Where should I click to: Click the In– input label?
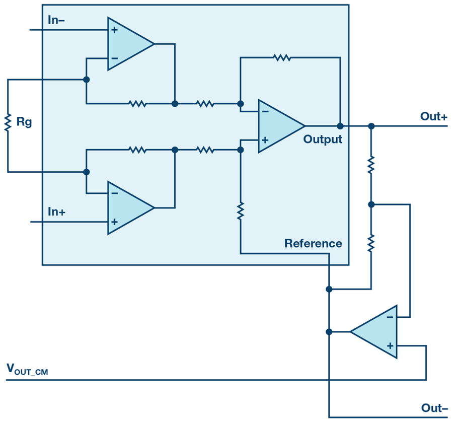(56, 20)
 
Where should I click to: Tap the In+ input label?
(56, 211)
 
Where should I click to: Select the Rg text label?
(24, 122)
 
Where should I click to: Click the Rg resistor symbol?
(8, 122)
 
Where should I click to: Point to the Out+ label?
(434, 116)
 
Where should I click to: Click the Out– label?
(434, 408)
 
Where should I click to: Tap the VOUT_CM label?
(27, 370)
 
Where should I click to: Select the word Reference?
(313, 243)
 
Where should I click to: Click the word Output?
(323, 139)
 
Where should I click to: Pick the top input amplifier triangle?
(131, 44)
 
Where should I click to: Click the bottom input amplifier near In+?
(131, 207)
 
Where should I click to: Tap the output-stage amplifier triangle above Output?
(281, 126)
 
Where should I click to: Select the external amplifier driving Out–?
(373, 332)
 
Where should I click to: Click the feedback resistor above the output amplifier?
(282, 57)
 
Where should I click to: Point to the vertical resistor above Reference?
(241, 211)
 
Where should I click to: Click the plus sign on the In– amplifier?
(114, 30)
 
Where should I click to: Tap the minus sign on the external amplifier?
(390, 317)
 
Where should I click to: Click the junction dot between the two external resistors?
(371, 204)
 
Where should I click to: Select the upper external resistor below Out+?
(371, 165)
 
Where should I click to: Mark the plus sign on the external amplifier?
(390, 345)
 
